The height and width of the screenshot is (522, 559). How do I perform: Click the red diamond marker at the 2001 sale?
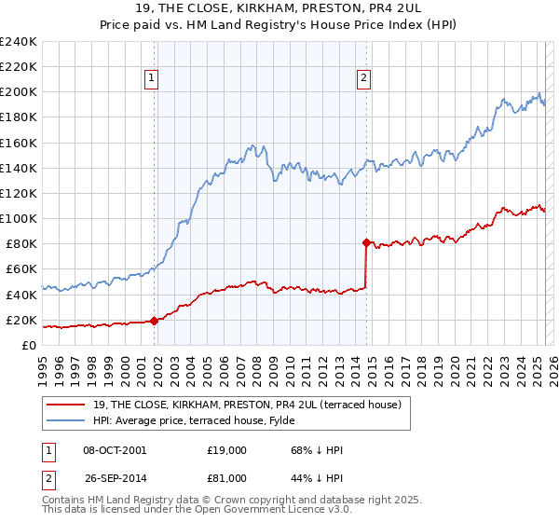coord(154,321)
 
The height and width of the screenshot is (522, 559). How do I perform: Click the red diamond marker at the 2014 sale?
coord(366,242)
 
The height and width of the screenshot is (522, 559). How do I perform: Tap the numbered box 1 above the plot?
coord(152,79)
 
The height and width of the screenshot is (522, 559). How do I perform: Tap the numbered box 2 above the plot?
coord(363,79)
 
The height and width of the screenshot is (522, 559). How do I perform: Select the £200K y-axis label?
coord(19,92)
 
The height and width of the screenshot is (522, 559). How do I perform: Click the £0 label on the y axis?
coord(28,345)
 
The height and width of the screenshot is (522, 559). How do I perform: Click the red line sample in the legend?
coord(66,405)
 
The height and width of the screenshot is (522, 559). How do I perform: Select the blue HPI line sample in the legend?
coord(66,420)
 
